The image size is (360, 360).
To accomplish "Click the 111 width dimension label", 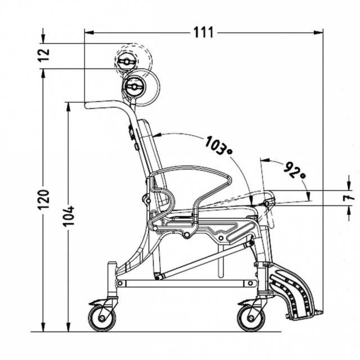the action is coord(204,33).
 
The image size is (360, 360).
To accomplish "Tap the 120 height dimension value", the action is coord(44,200).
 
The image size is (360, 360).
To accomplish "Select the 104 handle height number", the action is coord(69,216).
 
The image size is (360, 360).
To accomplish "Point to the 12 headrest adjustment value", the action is coord(44,55).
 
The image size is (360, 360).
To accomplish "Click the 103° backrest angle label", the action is coord(218,146).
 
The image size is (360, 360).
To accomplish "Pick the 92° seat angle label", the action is coord(294,170).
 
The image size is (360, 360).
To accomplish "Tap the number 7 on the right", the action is coord(349,197).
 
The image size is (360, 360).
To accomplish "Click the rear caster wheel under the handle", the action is coord(102,318).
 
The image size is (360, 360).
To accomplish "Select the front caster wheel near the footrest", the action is coord(251,318).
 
